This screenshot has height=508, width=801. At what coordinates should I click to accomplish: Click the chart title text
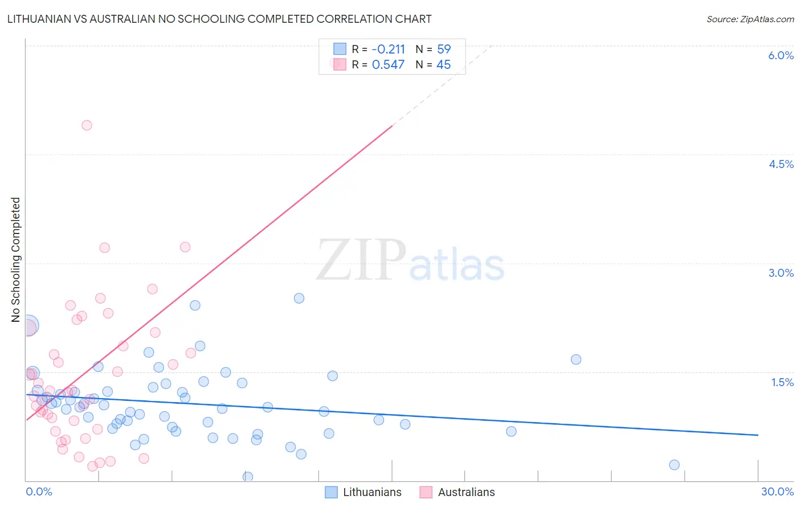219,19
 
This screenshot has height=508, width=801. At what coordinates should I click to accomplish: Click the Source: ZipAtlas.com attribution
750,19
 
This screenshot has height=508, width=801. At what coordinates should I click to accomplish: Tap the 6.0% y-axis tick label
780,55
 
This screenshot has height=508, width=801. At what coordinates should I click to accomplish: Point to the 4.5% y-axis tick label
780,164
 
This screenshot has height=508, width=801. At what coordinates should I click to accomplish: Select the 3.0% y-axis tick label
780,273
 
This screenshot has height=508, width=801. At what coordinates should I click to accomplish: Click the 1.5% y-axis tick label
782,382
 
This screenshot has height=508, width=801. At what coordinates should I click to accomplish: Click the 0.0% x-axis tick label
39,491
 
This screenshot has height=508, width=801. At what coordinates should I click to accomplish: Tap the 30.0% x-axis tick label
777,491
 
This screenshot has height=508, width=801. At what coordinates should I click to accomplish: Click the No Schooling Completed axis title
16,260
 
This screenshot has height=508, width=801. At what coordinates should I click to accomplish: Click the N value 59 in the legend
444,50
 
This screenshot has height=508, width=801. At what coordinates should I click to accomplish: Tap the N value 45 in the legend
444,65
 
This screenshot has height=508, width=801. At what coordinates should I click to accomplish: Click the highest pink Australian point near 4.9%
87,125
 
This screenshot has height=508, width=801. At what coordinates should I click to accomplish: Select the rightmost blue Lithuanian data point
674,465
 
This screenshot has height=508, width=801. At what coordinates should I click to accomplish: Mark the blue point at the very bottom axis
248,477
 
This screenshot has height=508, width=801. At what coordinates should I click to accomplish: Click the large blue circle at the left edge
28,325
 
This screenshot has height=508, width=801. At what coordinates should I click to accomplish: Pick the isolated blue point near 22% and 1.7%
576,359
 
